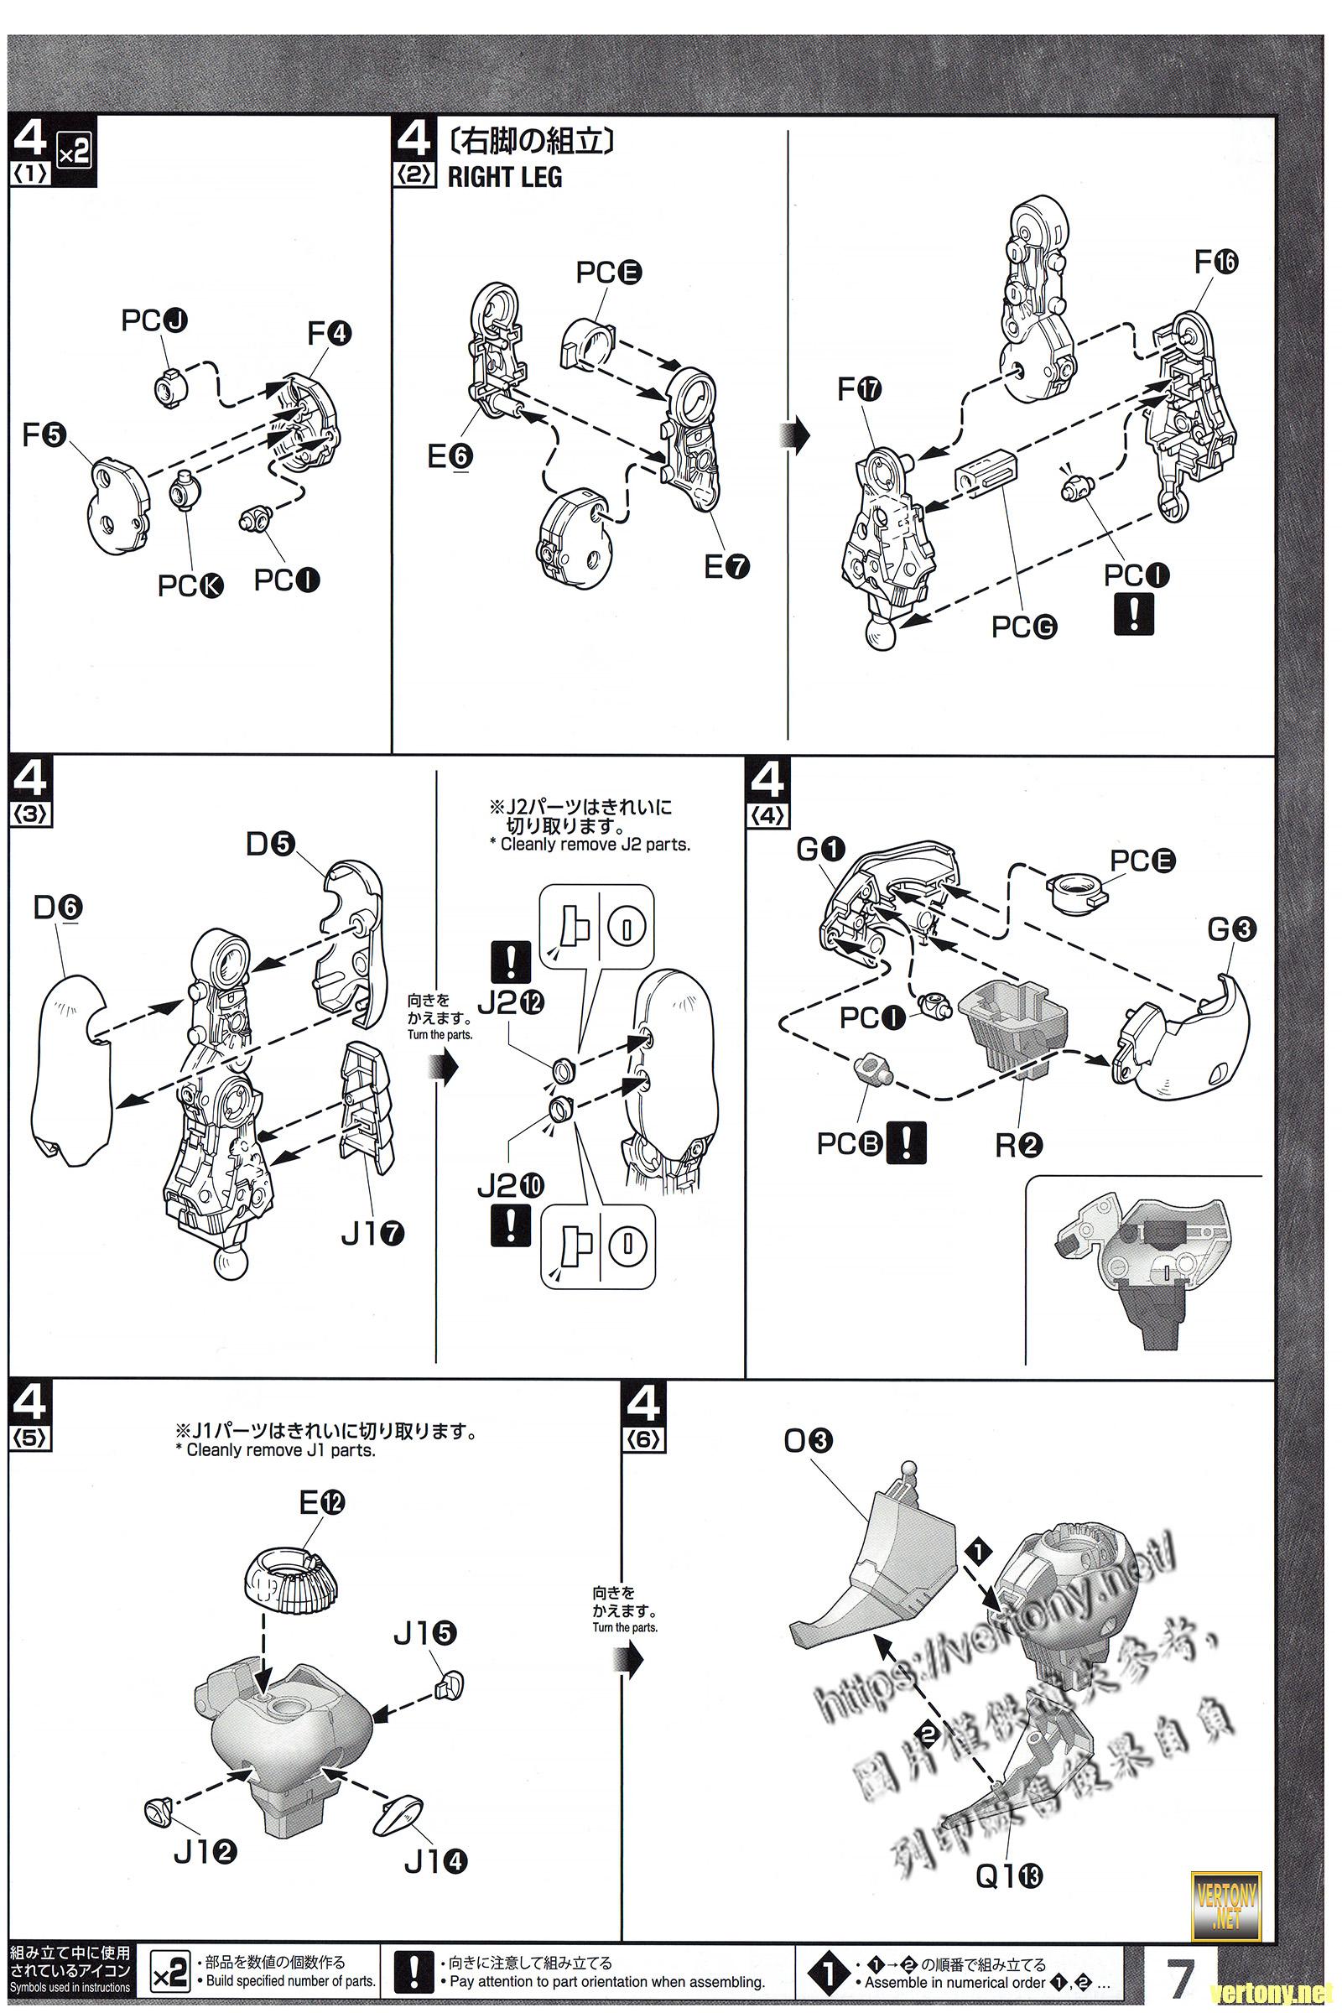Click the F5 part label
(44, 435)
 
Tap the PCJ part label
(154, 320)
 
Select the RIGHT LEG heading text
(505, 177)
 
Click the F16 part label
(1216, 262)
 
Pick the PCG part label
(1024, 627)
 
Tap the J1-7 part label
(372, 1234)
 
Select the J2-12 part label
(511, 1002)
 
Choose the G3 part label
(1231, 928)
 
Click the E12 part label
(322, 1502)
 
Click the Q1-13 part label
(1009, 1877)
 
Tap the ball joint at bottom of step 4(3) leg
(230, 1264)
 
